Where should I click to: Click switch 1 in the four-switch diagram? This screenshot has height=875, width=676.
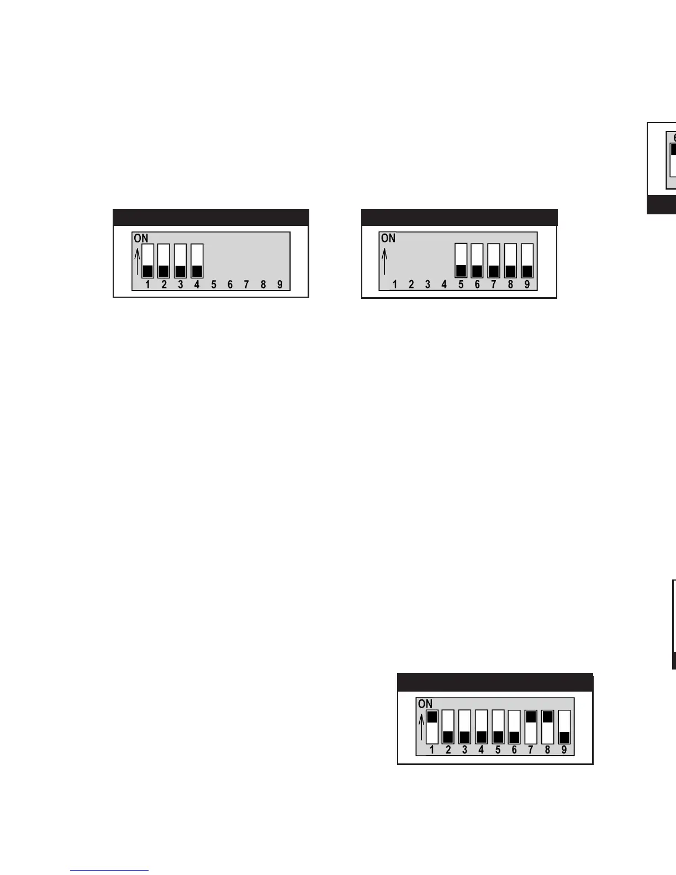[147, 261]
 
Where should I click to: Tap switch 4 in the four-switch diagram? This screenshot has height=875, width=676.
[197, 261]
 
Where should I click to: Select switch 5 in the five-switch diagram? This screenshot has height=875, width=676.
[461, 260]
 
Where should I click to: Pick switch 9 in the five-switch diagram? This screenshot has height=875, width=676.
[527, 260]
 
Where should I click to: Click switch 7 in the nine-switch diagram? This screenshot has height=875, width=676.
[531, 726]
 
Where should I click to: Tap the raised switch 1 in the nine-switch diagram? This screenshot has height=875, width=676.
[432, 726]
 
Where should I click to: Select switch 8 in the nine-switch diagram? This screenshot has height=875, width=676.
[547, 726]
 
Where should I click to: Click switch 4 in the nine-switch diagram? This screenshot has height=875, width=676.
[481, 726]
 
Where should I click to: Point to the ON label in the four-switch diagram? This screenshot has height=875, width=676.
[141, 239]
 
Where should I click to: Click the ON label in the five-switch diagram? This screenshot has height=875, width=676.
[388, 238]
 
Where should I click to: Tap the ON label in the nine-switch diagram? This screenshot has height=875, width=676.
[425, 704]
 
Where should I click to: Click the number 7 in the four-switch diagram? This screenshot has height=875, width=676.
[246, 284]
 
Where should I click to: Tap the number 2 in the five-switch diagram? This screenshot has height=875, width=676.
[411, 284]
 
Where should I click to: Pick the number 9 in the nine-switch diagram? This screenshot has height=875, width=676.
[564, 750]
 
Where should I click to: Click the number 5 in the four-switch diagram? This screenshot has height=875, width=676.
[214, 284]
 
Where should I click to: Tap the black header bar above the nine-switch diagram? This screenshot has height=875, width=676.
[495, 682]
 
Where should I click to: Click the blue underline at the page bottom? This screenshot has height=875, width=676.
[109, 871]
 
